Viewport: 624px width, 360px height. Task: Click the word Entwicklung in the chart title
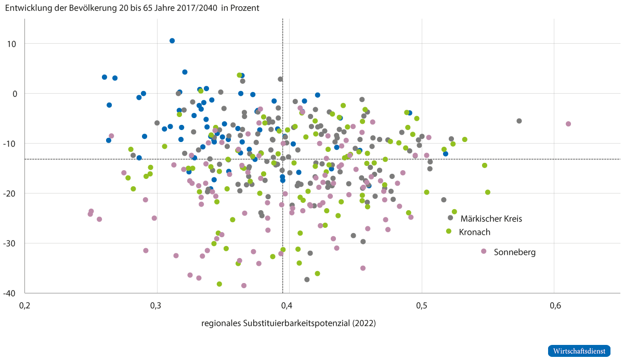(25, 8)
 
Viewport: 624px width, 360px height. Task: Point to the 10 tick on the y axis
(12, 44)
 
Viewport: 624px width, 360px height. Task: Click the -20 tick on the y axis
(10, 194)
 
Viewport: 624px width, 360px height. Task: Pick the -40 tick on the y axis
(10, 293)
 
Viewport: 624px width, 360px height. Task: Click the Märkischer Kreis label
(491, 218)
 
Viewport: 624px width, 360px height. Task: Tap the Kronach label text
(474, 232)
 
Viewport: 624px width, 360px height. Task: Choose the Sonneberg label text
(515, 252)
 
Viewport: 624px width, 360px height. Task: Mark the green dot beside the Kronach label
(448, 231)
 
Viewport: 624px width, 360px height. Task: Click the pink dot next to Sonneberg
(484, 251)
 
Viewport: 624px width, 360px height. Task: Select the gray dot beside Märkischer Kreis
(450, 218)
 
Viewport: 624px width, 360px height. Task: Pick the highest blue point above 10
(172, 41)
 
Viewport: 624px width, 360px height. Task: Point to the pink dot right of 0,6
(568, 124)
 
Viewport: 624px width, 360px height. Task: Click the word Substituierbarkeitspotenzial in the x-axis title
(296, 324)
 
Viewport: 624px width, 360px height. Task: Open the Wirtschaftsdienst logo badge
(579, 351)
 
